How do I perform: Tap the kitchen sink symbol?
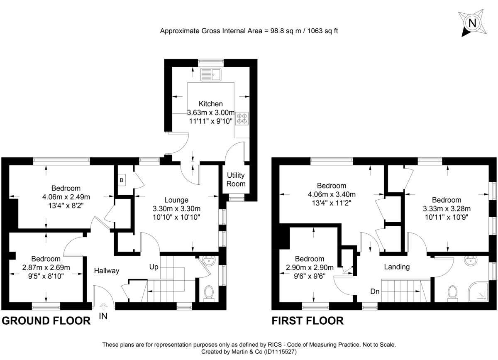coord(211,75)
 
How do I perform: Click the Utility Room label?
coord(235,180)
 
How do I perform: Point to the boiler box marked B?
coord(122,180)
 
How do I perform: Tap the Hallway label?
coord(106,270)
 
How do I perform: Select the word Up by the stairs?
coord(154,267)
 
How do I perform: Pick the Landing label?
coord(397,267)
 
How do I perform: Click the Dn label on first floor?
coord(375,291)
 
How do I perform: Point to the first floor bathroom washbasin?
coord(471,262)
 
